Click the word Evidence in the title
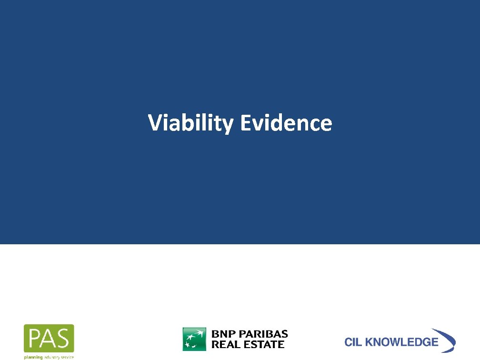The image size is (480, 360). (x=286, y=123)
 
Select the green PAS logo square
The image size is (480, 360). (x=49, y=338)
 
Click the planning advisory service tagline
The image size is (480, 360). (x=49, y=357)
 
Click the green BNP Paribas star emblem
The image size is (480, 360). (x=194, y=339)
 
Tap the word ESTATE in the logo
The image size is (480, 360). (x=263, y=344)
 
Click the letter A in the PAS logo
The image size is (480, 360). (x=50, y=338)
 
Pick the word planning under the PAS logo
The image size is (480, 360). (x=33, y=357)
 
